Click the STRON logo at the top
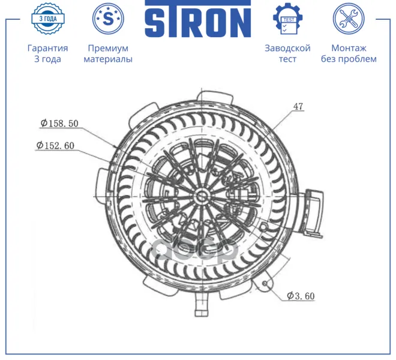click(198, 19)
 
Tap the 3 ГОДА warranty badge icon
click(48, 19)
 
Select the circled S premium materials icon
click(108, 19)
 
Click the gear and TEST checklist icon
click(287, 19)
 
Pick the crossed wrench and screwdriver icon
click(349, 19)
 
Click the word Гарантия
click(48, 48)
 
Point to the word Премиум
click(108, 48)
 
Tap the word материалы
click(108, 59)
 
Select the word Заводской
click(287, 48)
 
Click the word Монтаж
click(349, 48)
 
